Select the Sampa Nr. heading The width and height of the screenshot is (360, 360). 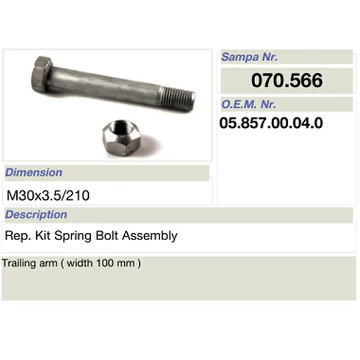[249, 58]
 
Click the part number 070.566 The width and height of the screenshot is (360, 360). [287, 80]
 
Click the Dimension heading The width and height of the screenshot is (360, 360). [34, 173]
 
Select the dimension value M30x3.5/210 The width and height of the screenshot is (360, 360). [49, 195]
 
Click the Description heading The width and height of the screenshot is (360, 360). [36, 215]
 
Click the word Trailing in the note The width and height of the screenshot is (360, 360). [17, 263]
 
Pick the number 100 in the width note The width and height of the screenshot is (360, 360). [110, 263]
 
